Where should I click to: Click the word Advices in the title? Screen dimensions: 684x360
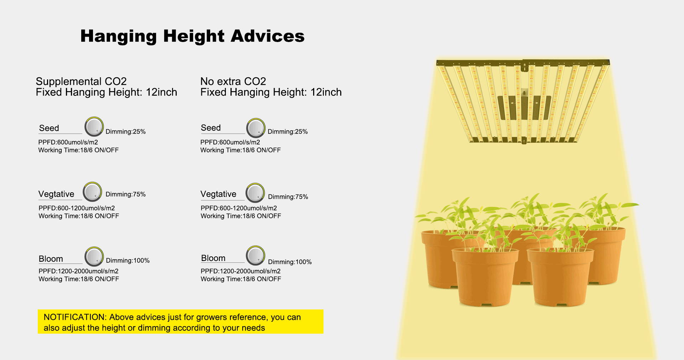267,36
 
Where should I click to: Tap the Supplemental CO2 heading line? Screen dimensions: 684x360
81,81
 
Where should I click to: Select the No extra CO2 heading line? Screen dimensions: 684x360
233,81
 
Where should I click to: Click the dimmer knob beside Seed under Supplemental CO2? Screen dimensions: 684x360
94,126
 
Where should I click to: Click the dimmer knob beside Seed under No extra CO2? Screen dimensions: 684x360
256,128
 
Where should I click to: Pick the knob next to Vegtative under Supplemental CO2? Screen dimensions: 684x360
92,192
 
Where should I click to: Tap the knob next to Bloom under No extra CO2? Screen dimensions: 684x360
255,255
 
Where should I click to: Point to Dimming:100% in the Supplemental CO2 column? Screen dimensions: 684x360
128,261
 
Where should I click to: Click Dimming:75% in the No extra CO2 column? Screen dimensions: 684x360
288,197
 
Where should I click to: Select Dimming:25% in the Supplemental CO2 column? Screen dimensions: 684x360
125,132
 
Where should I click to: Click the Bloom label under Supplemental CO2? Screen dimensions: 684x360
51,259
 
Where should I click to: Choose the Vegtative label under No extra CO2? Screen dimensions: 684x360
218,194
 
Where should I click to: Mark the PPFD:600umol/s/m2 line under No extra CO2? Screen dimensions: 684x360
230,142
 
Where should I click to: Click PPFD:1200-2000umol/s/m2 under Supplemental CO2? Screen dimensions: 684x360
78,271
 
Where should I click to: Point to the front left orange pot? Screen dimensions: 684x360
485,277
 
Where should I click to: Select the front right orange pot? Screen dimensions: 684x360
560,277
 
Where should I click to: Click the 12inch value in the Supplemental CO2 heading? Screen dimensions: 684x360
161,92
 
